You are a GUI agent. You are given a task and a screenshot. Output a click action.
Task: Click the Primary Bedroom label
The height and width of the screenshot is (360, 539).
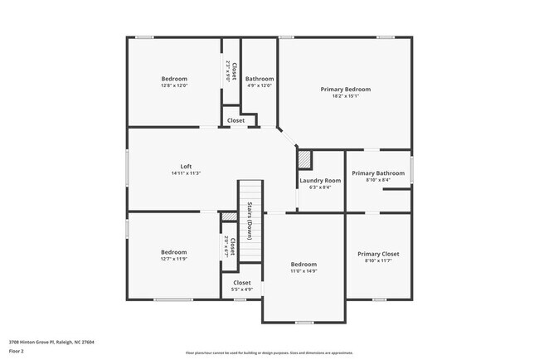click(345, 89)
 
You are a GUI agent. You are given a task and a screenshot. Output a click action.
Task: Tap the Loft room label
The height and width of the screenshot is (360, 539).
click(186, 165)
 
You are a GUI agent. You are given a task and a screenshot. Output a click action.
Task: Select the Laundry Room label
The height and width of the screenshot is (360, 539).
click(320, 180)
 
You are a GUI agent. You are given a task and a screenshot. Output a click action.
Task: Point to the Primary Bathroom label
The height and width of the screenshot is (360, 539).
click(378, 173)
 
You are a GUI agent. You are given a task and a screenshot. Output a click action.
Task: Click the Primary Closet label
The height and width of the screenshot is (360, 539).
click(378, 254)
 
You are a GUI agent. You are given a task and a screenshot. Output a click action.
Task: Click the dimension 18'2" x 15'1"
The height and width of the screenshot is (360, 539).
click(345, 96)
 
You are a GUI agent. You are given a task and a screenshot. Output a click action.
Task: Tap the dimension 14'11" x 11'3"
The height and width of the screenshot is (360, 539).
click(186, 173)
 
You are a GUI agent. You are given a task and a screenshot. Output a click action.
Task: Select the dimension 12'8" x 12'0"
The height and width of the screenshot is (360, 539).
click(174, 85)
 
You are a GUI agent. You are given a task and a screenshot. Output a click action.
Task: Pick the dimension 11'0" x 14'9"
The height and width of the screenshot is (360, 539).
click(303, 271)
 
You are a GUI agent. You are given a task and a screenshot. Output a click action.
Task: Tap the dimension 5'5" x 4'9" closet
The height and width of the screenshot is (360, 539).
click(241, 289)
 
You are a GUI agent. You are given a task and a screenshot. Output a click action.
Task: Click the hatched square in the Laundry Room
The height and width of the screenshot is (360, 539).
click(304, 158)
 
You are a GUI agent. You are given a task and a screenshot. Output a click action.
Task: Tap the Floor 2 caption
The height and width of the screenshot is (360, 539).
click(17, 351)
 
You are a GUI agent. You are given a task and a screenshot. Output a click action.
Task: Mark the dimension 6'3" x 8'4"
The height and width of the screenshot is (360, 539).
click(320, 187)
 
